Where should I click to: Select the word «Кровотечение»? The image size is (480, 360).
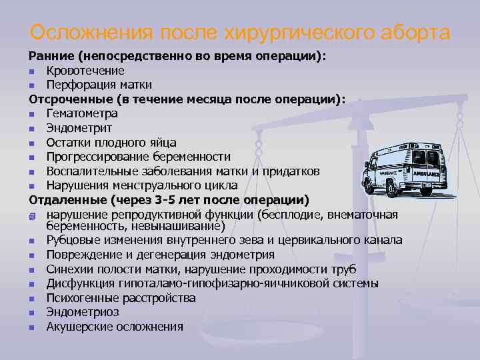point(85,71)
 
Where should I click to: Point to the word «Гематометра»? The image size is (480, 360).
point(82,113)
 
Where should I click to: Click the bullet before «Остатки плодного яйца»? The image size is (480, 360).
point(32,143)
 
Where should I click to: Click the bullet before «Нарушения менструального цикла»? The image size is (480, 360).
point(32,186)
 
